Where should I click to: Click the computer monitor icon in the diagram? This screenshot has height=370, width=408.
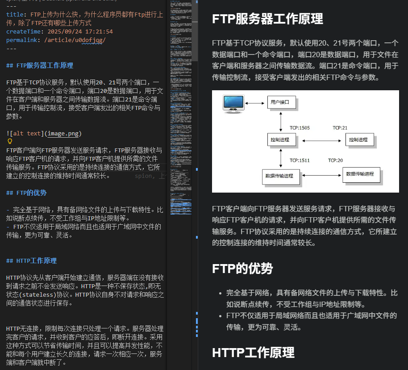pyautogui.click(x=233, y=103)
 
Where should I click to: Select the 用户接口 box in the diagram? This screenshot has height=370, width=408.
pyautogui.click(x=281, y=102)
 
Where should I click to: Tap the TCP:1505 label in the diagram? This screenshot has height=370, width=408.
pyautogui.click(x=300, y=128)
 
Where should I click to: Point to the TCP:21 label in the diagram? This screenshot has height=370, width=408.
pyautogui.click(x=340, y=128)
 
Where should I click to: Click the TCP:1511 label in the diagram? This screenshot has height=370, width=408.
pyautogui.click(x=300, y=160)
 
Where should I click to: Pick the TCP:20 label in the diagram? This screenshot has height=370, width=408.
pyautogui.click(x=336, y=160)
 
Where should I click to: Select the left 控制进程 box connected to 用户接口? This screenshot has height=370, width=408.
pyautogui.click(x=281, y=140)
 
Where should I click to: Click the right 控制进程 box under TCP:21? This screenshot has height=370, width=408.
pyautogui.click(x=359, y=140)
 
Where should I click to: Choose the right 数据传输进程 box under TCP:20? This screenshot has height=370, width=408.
pyautogui.click(x=361, y=174)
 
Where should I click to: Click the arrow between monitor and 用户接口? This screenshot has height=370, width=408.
pyautogui.click(x=255, y=103)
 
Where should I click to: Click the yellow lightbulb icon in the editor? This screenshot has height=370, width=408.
pyautogui.click(x=10, y=141)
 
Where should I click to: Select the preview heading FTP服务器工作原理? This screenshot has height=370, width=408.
pyautogui.click(x=267, y=19)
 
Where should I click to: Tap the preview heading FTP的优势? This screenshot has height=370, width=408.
pyautogui.click(x=242, y=269)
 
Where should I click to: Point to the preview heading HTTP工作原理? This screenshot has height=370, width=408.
pyautogui.click(x=253, y=353)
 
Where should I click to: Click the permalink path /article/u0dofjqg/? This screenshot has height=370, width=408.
pyautogui.click(x=75, y=40)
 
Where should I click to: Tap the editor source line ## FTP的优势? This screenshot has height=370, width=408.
pyautogui.click(x=26, y=193)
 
